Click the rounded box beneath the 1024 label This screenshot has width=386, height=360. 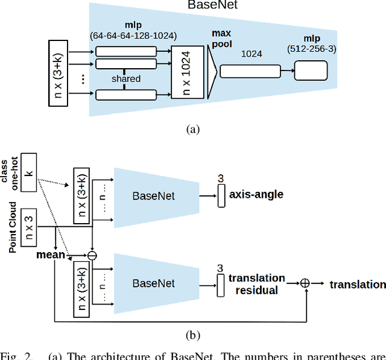[x=245, y=71]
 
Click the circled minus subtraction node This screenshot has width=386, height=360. [x=92, y=255]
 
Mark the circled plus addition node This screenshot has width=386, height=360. [x=305, y=283]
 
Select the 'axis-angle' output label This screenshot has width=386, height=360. [x=256, y=195]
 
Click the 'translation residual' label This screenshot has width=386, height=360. [x=256, y=284]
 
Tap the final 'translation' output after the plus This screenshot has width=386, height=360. [x=357, y=284]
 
